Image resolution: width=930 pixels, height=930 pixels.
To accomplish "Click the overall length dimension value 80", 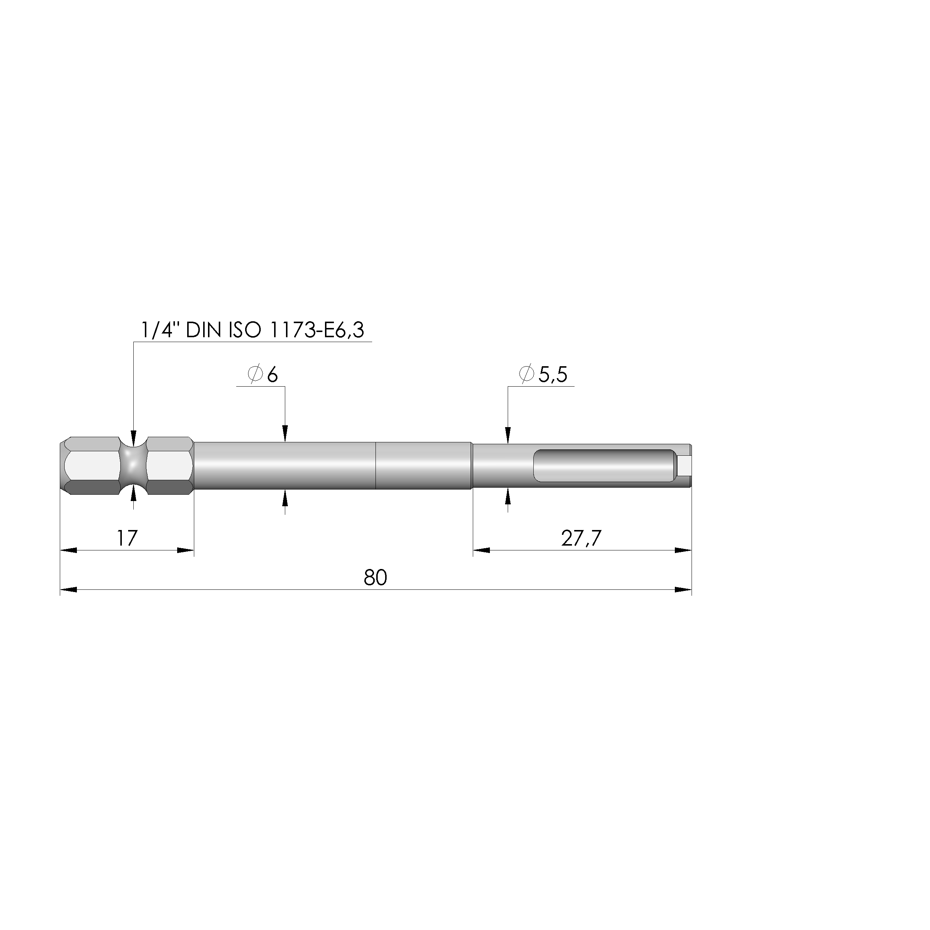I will (x=375, y=578).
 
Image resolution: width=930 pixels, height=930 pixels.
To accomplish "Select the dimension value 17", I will (x=127, y=538).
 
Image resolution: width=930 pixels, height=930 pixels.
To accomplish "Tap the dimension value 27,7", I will (x=581, y=538).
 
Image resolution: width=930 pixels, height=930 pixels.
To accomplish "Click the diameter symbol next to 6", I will (x=255, y=374).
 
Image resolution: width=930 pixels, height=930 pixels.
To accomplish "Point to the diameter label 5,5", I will (x=553, y=374).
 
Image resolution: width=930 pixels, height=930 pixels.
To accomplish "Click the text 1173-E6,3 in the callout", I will (x=317, y=330).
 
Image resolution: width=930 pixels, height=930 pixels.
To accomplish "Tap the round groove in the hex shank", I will (x=133, y=465).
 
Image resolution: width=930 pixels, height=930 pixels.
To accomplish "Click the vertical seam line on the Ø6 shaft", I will (x=375, y=465).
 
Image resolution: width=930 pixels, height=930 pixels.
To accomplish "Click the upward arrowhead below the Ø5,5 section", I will (x=508, y=497).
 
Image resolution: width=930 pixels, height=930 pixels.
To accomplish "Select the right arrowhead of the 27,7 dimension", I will (x=683, y=550).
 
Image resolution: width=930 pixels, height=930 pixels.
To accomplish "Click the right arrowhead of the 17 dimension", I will (x=186, y=550).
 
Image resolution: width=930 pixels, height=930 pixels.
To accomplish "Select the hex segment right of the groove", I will (x=169, y=465).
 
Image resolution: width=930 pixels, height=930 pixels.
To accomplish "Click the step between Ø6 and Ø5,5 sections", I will (x=472, y=465).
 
